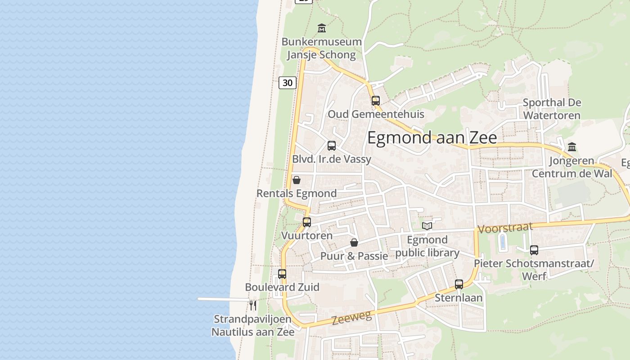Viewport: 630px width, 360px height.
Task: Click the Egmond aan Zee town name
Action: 432,138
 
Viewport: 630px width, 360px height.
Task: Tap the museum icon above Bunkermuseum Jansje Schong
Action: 322,28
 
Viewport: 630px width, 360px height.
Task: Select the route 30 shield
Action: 288,82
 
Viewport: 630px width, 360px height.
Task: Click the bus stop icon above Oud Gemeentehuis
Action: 376,101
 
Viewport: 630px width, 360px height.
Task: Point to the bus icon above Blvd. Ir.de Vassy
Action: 332,146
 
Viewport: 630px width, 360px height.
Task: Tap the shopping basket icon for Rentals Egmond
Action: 297,180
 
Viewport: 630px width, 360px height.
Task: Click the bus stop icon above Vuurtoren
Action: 307,222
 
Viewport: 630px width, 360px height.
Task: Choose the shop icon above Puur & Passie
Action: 354,243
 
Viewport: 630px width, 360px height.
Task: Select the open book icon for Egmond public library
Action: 427,226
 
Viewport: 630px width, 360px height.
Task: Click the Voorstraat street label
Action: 505,228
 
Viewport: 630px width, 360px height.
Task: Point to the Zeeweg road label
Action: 352,318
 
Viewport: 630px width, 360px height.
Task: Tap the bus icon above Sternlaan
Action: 459,284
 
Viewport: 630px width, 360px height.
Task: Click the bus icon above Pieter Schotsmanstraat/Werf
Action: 534,250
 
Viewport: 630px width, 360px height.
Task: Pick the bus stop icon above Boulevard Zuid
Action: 282,274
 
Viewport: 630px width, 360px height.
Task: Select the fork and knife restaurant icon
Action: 253,306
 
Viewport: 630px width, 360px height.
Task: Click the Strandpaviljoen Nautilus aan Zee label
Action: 253,326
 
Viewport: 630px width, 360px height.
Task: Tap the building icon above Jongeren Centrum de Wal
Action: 572,147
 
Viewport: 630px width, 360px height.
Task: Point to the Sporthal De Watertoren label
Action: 552,109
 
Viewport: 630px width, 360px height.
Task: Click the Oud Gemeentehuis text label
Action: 376,114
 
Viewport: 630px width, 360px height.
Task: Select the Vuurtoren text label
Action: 307,235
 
